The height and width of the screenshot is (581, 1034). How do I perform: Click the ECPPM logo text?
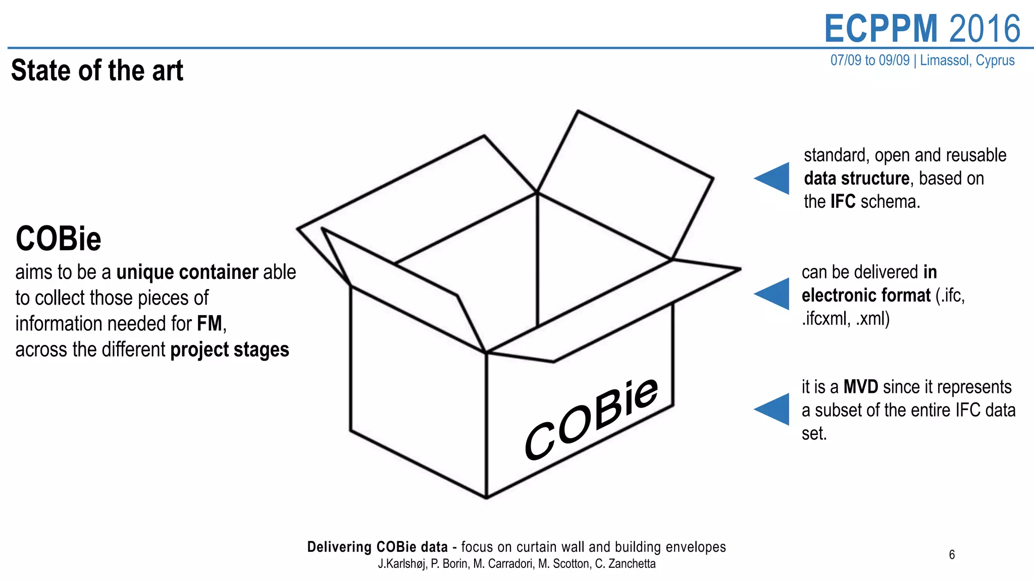[x=881, y=29]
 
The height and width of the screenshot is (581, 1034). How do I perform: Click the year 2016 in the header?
[x=985, y=29]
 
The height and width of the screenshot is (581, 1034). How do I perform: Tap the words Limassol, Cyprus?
[x=967, y=60]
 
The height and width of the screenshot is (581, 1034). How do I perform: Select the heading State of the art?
[x=97, y=70]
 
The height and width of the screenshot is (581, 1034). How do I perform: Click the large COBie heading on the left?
[x=59, y=239]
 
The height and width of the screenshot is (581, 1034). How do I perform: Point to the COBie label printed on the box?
[x=591, y=418]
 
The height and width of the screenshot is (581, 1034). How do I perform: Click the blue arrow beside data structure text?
[x=773, y=178]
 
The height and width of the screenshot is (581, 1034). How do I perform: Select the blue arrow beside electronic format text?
[x=773, y=294]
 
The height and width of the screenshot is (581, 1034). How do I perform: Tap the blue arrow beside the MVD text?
[x=773, y=409]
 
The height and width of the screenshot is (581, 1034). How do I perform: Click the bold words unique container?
[x=187, y=272]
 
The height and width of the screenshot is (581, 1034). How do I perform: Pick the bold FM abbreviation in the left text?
[x=210, y=324]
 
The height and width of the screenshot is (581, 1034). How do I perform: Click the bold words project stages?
[x=230, y=350]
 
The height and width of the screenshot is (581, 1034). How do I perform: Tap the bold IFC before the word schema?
[x=843, y=202]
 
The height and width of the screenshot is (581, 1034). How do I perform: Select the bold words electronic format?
[x=866, y=296]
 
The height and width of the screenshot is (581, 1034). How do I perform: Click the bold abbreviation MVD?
[x=861, y=387]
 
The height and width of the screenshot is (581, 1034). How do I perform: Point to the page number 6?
[x=952, y=555]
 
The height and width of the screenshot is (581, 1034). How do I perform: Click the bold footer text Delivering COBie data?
[x=377, y=547]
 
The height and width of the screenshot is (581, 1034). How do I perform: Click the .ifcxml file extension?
[x=825, y=319]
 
